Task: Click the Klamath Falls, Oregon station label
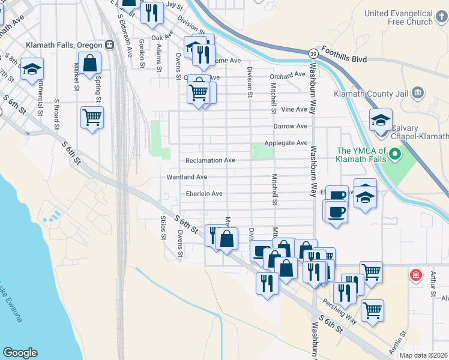65,45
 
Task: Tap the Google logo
20,353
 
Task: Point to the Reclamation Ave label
210,161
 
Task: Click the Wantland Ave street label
187,177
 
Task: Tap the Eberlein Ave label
204,194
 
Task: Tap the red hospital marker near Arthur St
414,275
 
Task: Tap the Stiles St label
163,227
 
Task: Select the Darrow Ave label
290,127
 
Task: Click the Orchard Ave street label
288,75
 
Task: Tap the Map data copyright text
424,355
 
